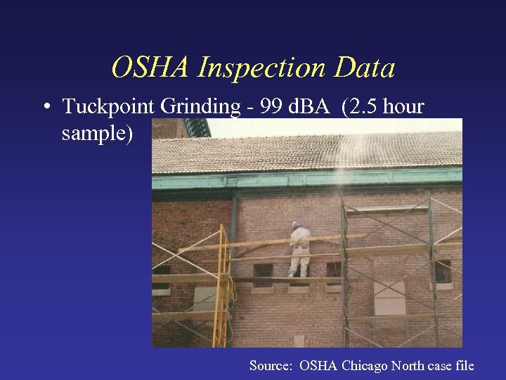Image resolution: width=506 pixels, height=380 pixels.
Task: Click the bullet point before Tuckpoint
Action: click(46, 108)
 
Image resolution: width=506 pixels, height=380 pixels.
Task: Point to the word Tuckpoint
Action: click(109, 107)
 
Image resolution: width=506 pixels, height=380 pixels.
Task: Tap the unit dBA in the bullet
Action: click(309, 107)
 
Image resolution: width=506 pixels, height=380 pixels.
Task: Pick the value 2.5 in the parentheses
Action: click(361, 107)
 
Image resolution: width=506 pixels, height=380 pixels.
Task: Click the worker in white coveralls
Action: click(300, 250)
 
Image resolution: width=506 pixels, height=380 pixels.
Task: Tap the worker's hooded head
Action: click(297, 226)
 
